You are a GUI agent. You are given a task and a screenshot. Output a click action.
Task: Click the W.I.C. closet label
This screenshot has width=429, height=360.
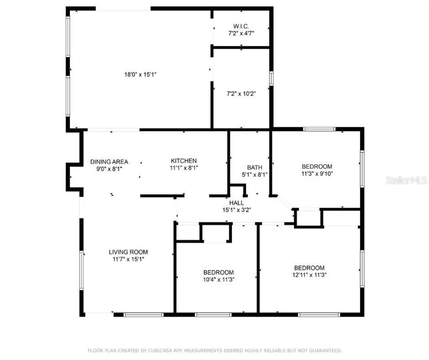(x=241, y=26)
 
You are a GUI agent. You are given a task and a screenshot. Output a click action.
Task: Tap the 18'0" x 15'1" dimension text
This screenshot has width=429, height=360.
(x=141, y=75)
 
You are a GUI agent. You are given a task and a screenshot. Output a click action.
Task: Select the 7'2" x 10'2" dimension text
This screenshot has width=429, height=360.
(x=241, y=94)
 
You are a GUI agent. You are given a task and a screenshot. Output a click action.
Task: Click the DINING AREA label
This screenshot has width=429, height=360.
(x=109, y=162)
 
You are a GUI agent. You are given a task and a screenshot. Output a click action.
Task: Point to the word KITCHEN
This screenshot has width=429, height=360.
(x=184, y=161)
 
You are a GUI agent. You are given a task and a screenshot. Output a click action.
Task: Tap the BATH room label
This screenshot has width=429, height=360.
(x=254, y=167)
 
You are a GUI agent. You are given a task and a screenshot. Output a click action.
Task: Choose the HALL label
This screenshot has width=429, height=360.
(x=237, y=203)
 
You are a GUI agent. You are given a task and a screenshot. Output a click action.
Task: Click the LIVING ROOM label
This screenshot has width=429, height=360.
(x=128, y=252)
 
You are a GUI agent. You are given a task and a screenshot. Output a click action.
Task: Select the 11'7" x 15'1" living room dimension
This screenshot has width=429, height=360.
(x=128, y=259)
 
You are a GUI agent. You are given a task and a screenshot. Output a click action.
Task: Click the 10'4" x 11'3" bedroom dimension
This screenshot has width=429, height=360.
(x=218, y=279)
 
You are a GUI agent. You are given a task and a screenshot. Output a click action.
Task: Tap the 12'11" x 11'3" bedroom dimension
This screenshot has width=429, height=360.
(x=309, y=275)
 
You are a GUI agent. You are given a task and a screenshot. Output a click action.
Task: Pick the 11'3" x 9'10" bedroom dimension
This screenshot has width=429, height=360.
(x=317, y=173)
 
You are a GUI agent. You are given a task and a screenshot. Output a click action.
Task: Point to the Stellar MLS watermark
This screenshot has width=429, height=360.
(x=406, y=180)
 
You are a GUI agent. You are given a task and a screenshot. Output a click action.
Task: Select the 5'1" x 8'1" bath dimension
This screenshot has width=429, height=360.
(x=254, y=174)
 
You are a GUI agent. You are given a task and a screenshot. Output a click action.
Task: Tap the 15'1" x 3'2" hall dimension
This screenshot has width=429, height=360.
(x=237, y=210)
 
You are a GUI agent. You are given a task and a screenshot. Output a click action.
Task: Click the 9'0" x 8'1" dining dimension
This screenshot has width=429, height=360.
(x=109, y=169)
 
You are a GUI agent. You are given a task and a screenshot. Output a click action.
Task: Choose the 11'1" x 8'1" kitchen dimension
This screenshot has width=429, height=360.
(x=184, y=168)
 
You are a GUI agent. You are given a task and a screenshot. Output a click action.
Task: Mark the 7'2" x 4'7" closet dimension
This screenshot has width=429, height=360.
(x=241, y=33)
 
